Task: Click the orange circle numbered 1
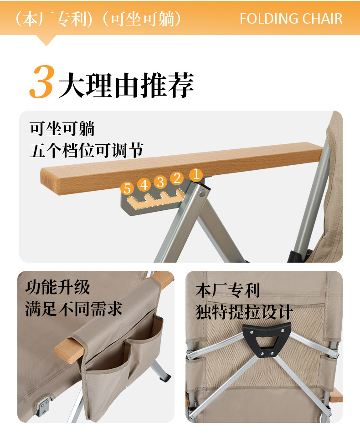(x=195, y=174)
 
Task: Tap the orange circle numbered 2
(x=177, y=178)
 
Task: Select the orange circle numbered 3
(x=160, y=182)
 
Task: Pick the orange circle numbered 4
(x=144, y=185)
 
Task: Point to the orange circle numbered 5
(x=127, y=188)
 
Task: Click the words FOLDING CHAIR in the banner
(x=291, y=19)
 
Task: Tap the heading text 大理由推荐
(x=126, y=85)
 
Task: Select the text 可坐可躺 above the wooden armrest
(x=62, y=129)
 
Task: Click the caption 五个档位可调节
(x=87, y=150)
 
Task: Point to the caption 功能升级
(x=57, y=287)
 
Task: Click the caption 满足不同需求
(x=74, y=309)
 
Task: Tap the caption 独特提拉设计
(x=244, y=312)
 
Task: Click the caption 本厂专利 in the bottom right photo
(x=227, y=290)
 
